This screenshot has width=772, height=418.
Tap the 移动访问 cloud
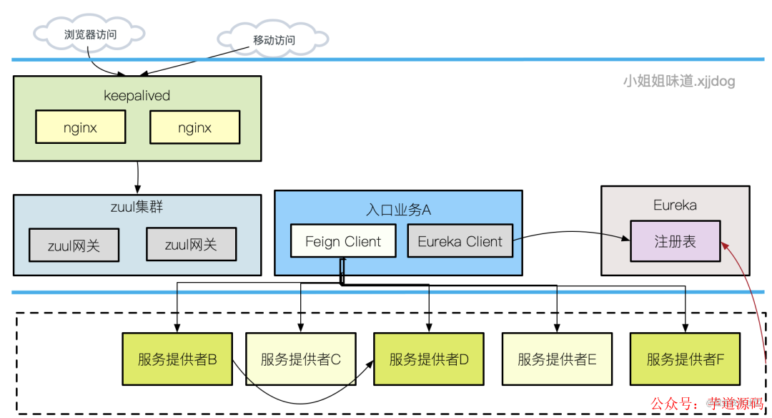(x=273, y=40)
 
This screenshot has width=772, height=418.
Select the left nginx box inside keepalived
(x=80, y=128)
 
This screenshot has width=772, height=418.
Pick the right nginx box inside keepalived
(x=194, y=128)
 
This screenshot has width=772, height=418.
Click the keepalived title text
(x=137, y=96)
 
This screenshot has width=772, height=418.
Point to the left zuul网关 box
(x=74, y=245)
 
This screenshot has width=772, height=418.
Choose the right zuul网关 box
(x=191, y=245)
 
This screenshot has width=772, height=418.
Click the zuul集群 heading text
(x=137, y=208)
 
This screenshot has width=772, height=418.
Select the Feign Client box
(x=343, y=241)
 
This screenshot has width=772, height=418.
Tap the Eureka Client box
(x=460, y=241)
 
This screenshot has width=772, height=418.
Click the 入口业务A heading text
(x=398, y=210)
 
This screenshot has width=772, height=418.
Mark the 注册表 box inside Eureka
(x=675, y=241)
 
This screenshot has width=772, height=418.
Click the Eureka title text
(x=675, y=205)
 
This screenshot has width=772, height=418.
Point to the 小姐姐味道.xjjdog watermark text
(x=678, y=81)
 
